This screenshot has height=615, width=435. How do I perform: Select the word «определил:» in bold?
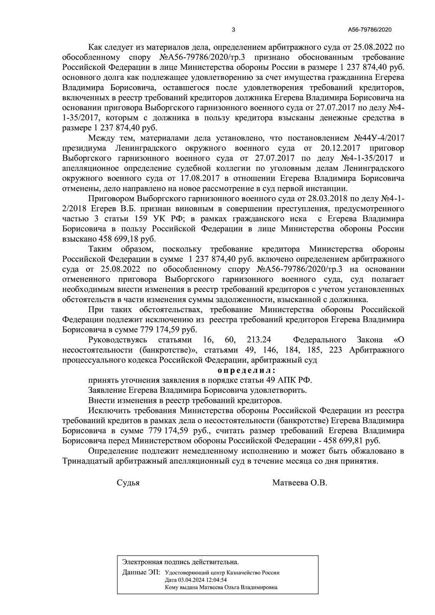pyautogui.click(x=246, y=371)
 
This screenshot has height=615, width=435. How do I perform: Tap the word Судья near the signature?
pyautogui.click(x=128, y=483)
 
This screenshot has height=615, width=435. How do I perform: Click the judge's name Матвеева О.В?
pyautogui.click(x=299, y=483)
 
